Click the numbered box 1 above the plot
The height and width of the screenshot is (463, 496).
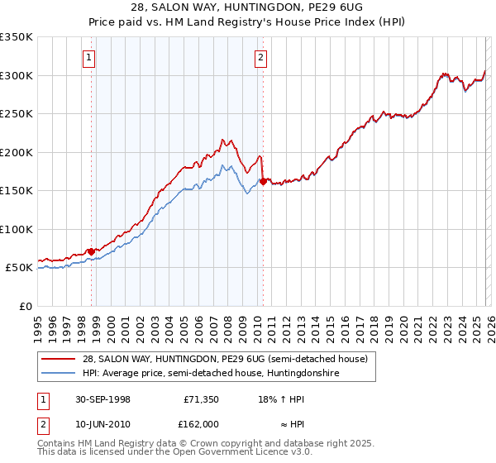(88, 57)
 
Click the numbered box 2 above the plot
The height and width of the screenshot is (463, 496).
(260, 57)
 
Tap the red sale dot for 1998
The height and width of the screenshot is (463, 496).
(92, 251)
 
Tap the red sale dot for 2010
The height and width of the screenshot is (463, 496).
(263, 181)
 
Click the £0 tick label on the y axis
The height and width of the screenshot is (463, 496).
(24, 306)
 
